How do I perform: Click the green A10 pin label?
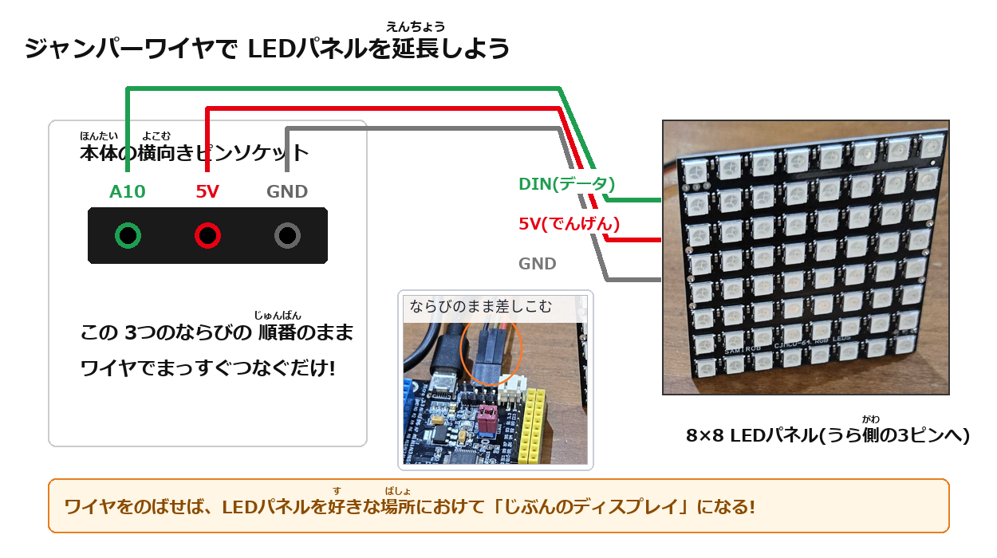click(128, 192)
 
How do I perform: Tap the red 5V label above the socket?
click(207, 192)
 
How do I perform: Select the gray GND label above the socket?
click(287, 192)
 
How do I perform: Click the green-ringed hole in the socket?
click(128, 235)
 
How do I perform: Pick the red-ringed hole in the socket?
click(207, 235)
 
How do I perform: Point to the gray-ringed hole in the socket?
click(287, 235)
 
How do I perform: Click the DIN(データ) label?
click(566, 184)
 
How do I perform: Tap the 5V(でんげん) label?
click(569, 223)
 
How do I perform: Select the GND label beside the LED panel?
click(538, 264)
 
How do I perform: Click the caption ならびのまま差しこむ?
click(481, 306)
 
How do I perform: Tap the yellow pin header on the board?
click(532, 426)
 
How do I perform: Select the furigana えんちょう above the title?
click(416, 26)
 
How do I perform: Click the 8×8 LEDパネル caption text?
click(827, 435)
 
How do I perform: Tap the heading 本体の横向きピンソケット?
click(195, 152)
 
